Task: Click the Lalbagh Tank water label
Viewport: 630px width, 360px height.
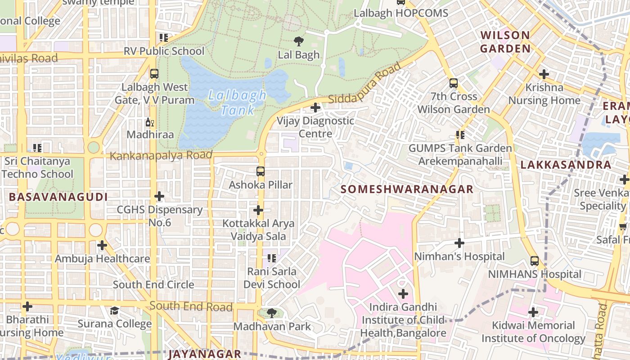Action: click(237, 103)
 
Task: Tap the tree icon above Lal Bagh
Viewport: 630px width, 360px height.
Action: click(298, 41)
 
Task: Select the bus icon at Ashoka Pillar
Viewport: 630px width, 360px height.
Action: click(260, 171)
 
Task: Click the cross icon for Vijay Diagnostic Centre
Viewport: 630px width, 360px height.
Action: click(315, 108)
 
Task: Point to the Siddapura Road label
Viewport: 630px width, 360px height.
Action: click(364, 84)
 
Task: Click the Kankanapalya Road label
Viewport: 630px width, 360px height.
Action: click(161, 156)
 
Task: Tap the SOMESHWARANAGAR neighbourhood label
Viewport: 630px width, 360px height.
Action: click(407, 189)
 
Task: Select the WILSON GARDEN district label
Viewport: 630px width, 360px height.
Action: click(505, 42)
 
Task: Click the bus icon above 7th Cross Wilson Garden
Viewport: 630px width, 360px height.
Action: click(453, 83)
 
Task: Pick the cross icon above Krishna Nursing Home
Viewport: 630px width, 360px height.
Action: click(544, 74)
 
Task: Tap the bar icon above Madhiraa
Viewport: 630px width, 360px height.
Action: click(149, 122)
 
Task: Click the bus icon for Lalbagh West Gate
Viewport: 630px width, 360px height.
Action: click(154, 74)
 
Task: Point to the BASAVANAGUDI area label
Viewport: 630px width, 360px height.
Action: click(58, 197)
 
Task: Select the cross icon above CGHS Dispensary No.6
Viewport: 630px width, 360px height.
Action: click(159, 196)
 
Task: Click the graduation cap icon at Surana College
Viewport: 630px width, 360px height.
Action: click(115, 310)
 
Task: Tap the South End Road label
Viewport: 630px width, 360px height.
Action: click(191, 306)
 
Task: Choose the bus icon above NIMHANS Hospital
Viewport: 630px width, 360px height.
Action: click(534, 261)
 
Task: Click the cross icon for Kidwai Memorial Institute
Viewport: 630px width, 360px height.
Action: click(533, 312)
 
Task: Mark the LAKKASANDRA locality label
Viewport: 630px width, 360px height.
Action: click(566, 165)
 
